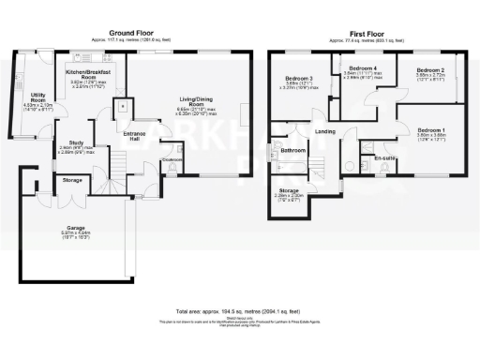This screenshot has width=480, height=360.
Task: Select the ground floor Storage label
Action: point(72,179)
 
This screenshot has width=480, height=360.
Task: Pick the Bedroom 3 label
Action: point(298,80)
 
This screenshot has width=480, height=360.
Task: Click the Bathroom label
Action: point(293,150)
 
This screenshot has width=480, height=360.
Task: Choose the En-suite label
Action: point(383,158)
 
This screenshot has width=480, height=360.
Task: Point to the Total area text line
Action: point(239,309)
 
